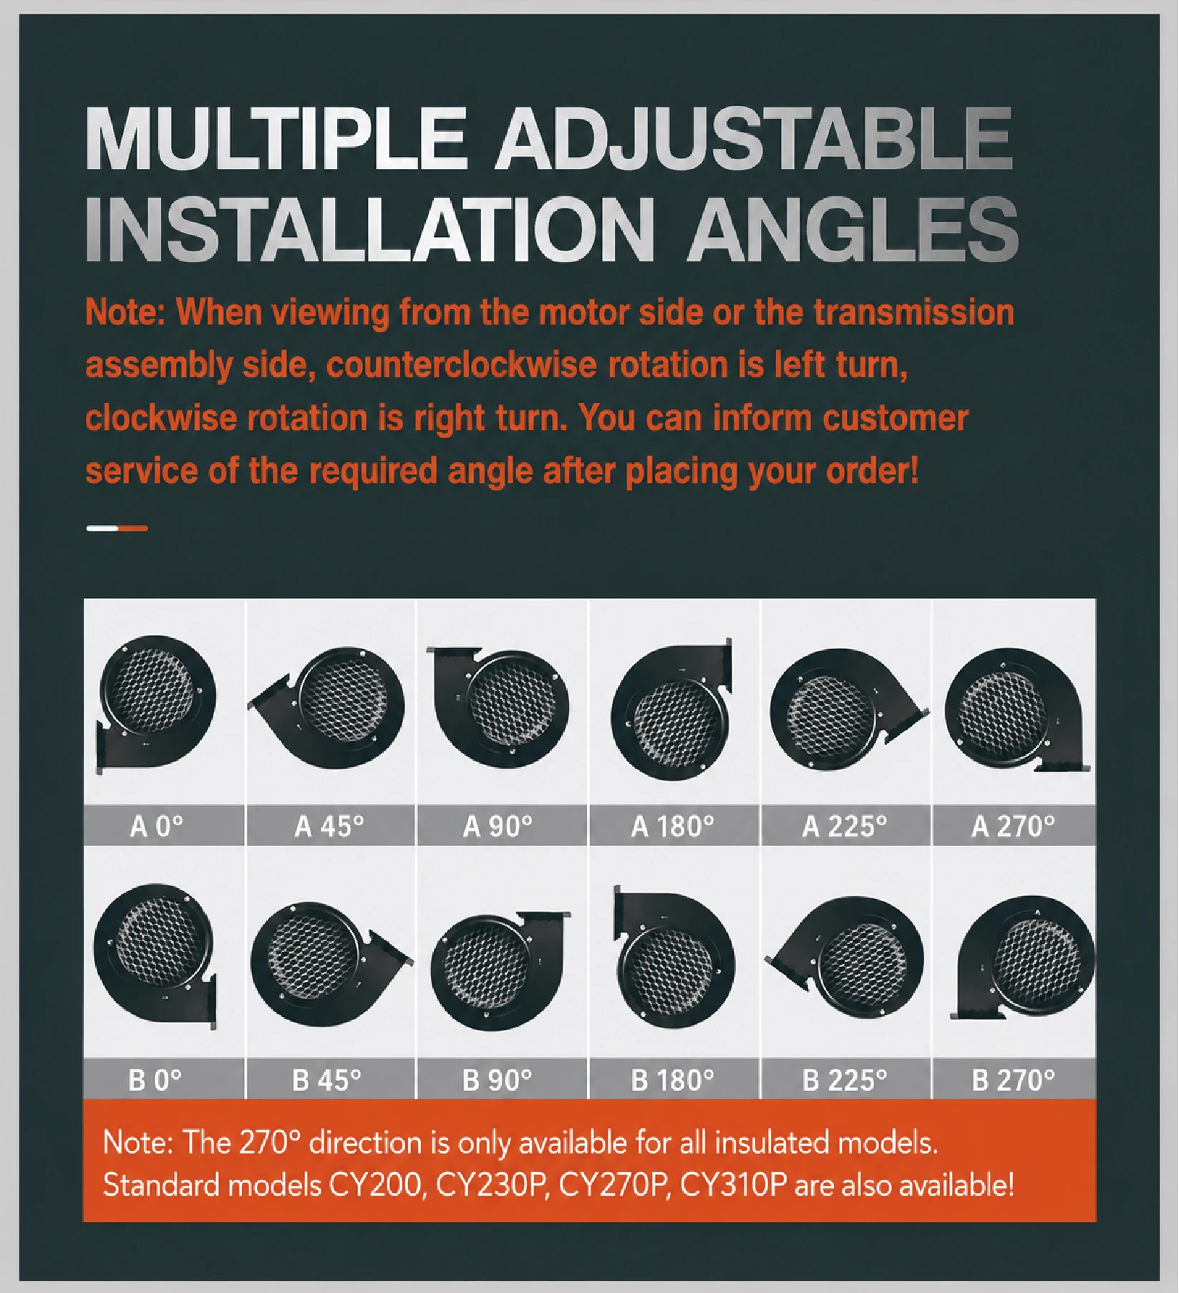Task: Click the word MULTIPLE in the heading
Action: click(276, 138)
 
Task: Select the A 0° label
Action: click(157, 827)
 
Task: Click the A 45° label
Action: click(329, 827)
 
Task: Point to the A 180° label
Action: click(672, 827)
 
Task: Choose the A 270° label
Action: click(1013, 827)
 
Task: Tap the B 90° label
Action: click(498, 1080)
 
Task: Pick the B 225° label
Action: click(845, 1080)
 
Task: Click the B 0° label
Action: click(155, 1080)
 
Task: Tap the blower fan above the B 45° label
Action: click(331, 963)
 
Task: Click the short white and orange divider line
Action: click(117, 529)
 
